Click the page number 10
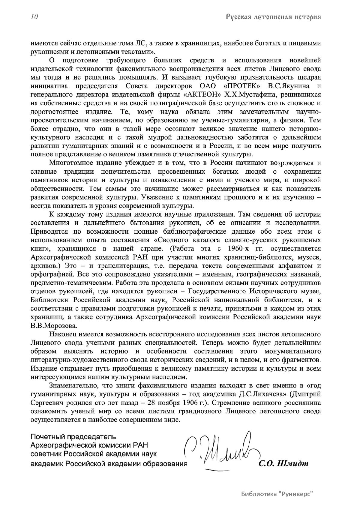tap(34, 17)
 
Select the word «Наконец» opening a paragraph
tap(61, 334)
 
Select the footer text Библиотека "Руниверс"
tap(277, 493)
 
